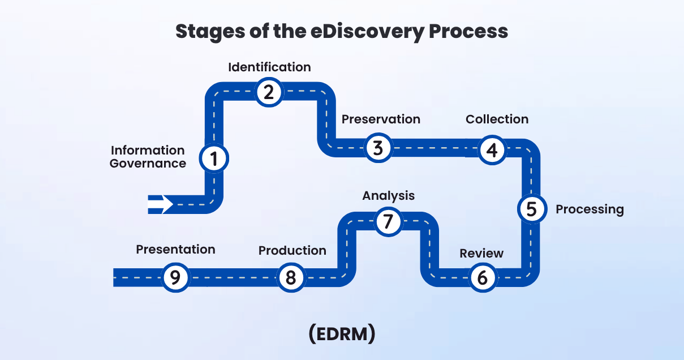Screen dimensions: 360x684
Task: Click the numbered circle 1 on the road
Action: [214, 159]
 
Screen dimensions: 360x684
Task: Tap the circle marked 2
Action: [269, 92]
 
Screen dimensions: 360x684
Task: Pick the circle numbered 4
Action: [492, 150]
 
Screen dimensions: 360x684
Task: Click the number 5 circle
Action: [531, 209]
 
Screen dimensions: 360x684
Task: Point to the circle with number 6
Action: [483, 278]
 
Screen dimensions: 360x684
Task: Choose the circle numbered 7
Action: [388, 221]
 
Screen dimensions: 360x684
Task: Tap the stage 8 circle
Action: [290, 278]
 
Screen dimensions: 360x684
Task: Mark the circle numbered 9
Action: [175, 278]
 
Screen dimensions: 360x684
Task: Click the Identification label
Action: [269, 67]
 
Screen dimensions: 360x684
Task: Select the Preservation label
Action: [381, 119]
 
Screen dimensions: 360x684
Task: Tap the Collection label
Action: [497, 119]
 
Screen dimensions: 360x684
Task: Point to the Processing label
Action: [590, 209]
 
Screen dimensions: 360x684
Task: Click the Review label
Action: [481, 253]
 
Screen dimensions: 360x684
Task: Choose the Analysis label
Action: [388, 196]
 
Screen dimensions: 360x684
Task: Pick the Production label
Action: [292, 250]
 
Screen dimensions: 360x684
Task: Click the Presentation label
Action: [175, 250]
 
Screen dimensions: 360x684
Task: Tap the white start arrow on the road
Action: [161, 204]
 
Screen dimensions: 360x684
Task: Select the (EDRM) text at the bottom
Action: [342, 333]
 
